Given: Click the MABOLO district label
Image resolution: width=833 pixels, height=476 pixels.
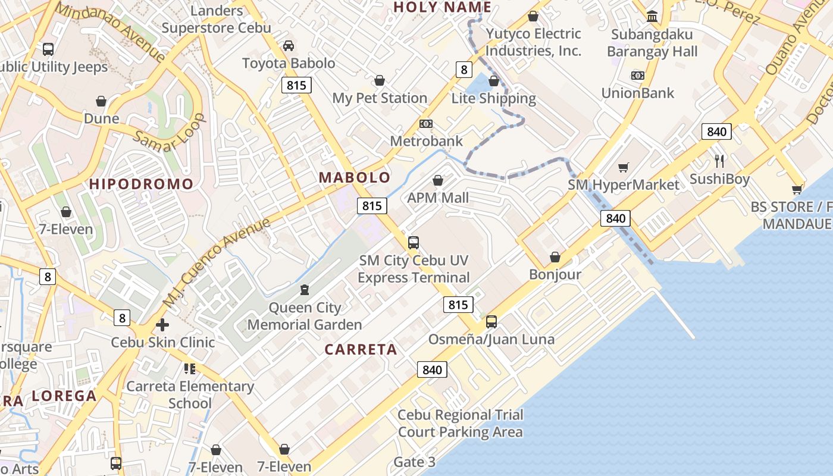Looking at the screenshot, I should point(355,177).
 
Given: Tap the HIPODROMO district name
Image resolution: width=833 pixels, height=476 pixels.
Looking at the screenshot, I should point(142,184).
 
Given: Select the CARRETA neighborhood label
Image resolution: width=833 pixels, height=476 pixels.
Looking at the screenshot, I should point(361,349).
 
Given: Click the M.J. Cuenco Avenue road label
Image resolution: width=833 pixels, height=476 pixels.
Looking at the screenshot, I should point(217,262).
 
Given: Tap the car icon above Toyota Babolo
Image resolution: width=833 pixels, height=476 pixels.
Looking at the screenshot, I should point(288,46).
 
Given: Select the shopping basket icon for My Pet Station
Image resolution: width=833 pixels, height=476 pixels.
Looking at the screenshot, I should point(379,81).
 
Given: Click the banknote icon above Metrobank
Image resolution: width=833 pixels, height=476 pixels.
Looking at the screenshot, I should point(426,124).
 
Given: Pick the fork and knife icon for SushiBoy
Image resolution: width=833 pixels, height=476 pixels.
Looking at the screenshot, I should point(719,161).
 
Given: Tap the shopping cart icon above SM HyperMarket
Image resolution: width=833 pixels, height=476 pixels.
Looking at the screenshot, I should point(623,168).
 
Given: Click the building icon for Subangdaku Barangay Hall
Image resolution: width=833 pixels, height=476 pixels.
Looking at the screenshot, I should point(652,16).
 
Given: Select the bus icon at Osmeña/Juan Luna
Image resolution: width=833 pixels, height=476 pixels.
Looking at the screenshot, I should point(491,322).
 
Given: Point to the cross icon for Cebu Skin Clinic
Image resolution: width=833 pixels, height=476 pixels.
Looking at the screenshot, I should point(162,325).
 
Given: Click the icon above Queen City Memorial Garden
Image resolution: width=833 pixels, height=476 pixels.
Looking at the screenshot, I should point(305,290).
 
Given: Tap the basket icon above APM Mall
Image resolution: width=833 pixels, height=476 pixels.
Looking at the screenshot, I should point(438,180).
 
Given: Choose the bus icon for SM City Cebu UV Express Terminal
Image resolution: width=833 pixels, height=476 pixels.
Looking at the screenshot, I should point(414,243).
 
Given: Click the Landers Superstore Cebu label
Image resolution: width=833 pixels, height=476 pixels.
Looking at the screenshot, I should point(216,19).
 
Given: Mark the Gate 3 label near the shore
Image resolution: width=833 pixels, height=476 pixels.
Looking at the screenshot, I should point(415,462).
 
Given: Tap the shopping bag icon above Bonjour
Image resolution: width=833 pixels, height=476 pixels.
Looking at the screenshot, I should point(555,257).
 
